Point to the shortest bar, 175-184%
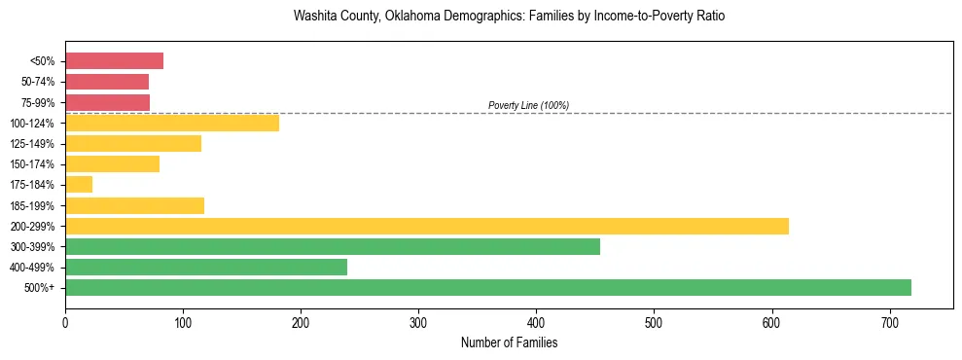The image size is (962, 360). click(x=79, y=184)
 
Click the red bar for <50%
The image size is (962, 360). click(x=114, y=61)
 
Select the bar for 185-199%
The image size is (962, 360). click(x=134, y=205)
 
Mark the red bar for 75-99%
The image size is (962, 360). click(x=107, y=102)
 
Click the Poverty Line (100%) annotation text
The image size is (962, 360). click(x=528, y=105)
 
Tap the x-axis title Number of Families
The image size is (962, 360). click(x=509, y=342)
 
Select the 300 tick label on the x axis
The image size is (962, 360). click(x=418, y=322)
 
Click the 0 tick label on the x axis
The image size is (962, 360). click(x=65, y=322)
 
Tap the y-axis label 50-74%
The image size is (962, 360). click(x=38, y=82)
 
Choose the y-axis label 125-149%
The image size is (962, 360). click(x=34, y=144)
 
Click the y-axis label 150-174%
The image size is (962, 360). click(x=34, y=164)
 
